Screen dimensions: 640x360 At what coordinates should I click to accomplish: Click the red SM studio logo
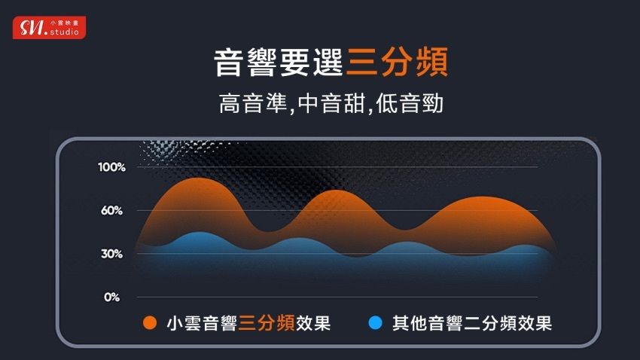(x=50, y=28)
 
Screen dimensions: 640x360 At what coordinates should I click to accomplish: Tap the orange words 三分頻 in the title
(x=397, y=62)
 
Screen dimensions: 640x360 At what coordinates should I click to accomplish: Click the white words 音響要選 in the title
(x=279, y=62)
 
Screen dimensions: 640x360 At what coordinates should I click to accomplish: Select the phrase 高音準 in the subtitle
(x=253, y=103)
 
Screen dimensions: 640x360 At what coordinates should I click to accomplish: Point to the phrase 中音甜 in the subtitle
(x=331, y=103)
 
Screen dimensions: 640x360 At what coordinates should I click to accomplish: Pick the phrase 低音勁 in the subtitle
(x=410, y=103)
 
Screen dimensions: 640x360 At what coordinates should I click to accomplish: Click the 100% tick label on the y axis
(x=112, y=167)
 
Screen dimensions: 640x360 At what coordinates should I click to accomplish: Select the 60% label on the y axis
(x=112, y=211)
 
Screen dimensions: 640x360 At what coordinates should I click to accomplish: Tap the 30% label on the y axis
(x=112, y=254)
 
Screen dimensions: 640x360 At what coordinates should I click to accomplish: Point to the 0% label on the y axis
(x=112, y=297)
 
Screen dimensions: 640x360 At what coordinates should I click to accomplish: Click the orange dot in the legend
(x=150, y=323)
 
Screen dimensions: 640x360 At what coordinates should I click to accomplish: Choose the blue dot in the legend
(x=375, y=323)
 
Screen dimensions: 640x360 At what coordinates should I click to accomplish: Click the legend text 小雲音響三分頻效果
(x=248, y=323)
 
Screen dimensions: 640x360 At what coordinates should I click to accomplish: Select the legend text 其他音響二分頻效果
(x=472, y=323)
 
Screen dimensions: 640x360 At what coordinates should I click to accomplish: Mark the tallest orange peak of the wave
(x=199, y=178)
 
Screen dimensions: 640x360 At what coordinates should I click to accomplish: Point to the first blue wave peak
(x=199, y=233)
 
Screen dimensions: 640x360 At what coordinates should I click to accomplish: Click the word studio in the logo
(x=65, y=32)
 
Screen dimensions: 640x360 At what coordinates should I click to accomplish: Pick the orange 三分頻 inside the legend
(x=267, y=323)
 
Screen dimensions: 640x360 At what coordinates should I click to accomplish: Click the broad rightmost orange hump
(x=483, y=197)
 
